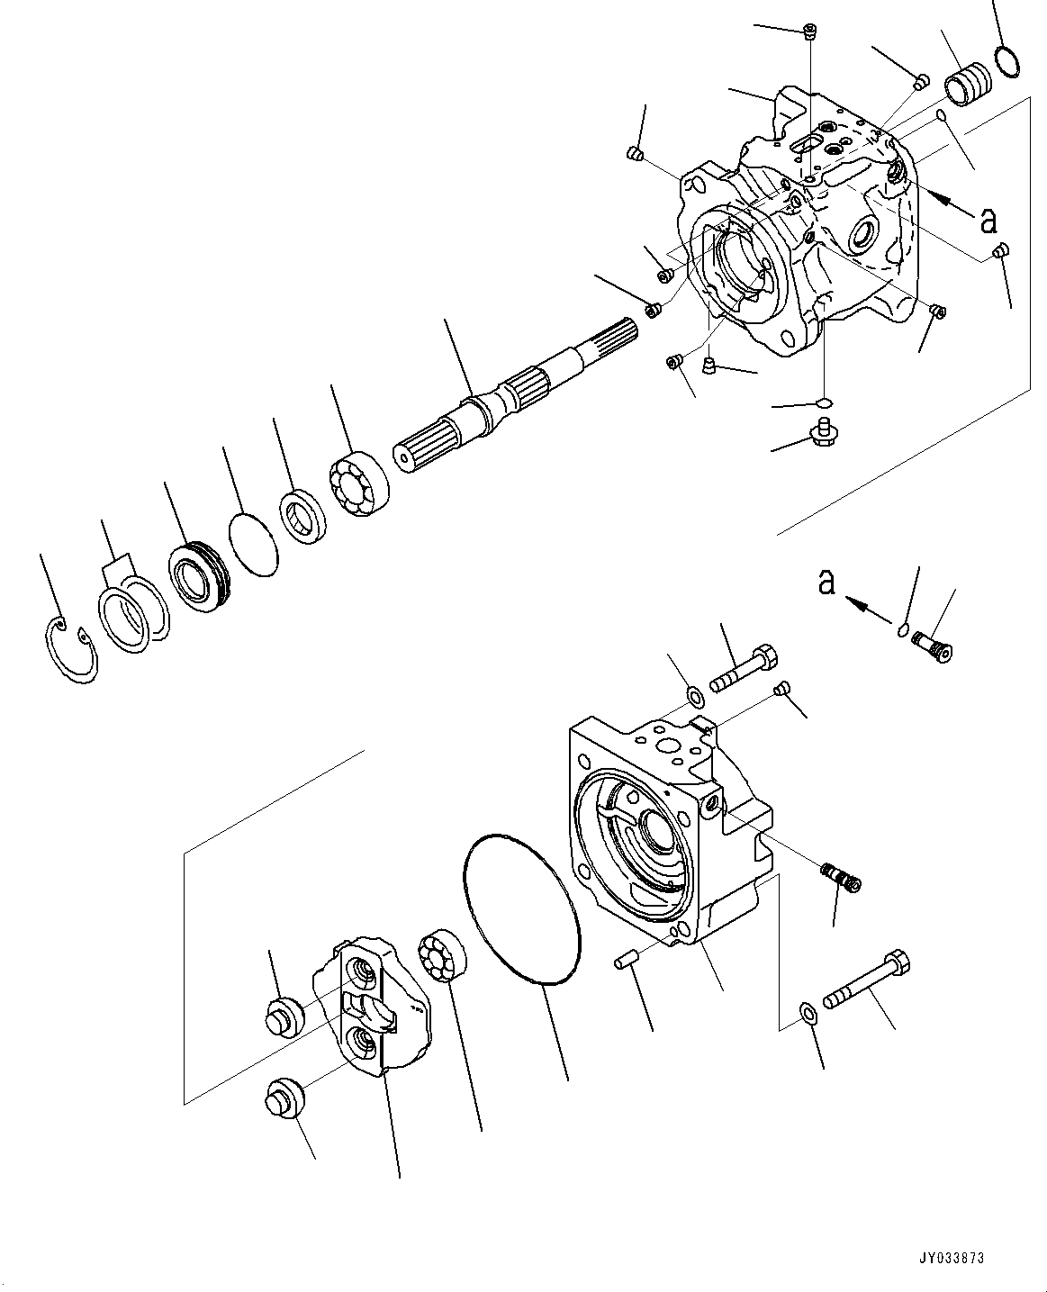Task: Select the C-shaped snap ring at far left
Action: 72,655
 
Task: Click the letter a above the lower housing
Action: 826,583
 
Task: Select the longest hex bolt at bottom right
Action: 867,984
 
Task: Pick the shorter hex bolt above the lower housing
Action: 743,668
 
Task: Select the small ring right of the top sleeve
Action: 1008,60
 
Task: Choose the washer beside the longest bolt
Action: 808,1012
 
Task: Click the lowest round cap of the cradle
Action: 284,1098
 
